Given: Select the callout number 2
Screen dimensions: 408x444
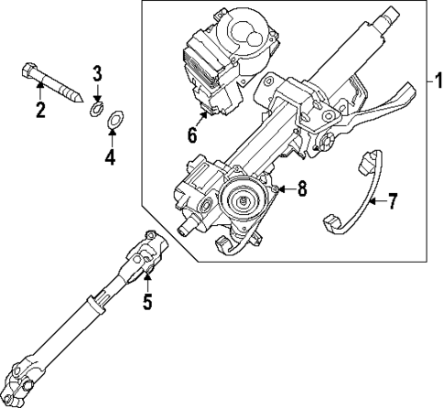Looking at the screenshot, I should point(39,111).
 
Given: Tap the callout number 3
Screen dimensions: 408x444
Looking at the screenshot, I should point(98,72).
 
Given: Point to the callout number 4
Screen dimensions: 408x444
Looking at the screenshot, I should point(110,157).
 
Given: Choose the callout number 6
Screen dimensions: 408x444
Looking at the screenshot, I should point(192,135).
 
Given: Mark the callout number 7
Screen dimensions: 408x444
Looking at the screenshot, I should point(392,201).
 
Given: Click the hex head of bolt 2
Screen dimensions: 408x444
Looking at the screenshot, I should point(27,71).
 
